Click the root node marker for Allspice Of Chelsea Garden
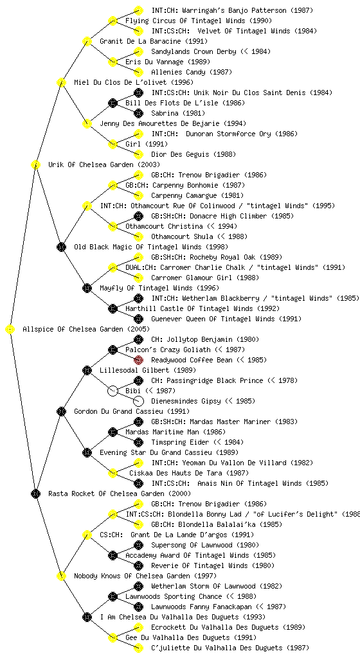coord(10,330)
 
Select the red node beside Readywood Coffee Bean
coord(138,360)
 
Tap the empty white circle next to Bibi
coord(113,391)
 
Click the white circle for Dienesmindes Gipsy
coord(138,401)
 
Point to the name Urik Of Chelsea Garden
coord(104,164)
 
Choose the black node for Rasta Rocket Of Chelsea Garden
coord(35,493)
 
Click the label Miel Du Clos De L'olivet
coord(134,82)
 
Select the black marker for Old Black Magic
coord(61,247)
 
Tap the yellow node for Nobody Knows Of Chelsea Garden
coord(61,576)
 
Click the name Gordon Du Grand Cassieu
coord(132,411)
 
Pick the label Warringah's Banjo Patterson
coord(232,10)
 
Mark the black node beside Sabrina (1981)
coord(138,113)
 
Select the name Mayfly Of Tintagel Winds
coord(159,288)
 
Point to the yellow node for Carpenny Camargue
coord(138,195)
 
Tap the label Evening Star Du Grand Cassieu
coord(169,452)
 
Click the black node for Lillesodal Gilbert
coord(87,370)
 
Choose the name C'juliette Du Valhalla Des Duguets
coord(230,648)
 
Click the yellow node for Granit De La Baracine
coord(87,41)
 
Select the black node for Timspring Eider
coord(138,442)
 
